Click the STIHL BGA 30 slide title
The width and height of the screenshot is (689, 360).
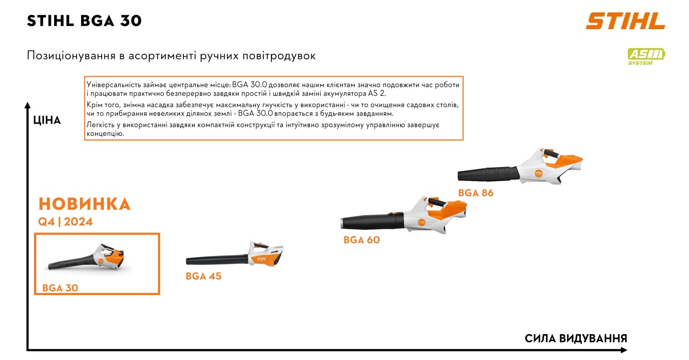click(84, 21)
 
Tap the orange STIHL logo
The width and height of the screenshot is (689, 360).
click(625, 21)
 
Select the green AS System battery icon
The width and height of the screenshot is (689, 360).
click(646, 57)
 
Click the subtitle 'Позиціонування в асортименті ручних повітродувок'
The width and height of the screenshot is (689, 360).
click(171, 56)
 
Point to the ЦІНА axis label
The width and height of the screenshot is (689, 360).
click(47, 120)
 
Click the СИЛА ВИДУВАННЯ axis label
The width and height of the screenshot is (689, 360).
click(576, 338)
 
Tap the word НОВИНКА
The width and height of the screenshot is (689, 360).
click(84, 204)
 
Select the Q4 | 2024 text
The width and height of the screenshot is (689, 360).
click(65, 222)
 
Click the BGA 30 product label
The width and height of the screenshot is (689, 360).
click(60, 288)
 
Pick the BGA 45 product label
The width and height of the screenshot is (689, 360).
click(203, 276)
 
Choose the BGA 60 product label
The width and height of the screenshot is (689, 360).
click(362, 240)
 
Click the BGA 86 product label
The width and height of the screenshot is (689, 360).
click(475, 193)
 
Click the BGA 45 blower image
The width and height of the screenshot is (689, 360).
click(235, 255)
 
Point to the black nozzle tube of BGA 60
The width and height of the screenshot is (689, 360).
click(372, 221)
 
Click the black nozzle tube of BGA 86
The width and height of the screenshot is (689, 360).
click(488, 174)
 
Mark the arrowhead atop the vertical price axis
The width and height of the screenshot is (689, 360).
click(28, 105)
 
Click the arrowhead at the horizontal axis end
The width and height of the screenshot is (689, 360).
click(624, 350)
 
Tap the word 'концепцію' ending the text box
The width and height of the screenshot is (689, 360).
click(105, 134)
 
